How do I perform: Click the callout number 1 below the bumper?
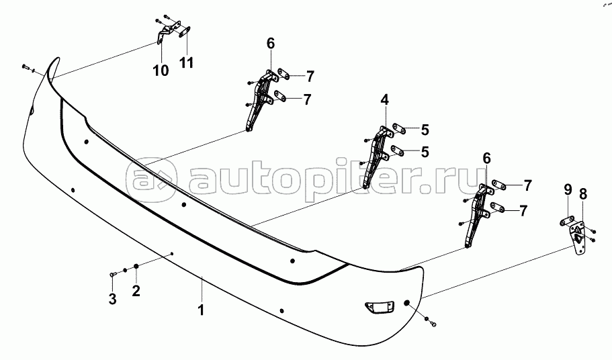201,310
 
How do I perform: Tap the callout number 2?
136,291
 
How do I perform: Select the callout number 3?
112,299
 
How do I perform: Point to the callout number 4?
384,100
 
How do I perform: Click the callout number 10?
161,71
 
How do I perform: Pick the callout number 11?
186,62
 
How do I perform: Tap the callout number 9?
568,189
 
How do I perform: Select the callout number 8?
582,194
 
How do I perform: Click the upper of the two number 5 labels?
425,130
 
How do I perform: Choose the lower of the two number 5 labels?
425,152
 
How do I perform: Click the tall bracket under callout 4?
376,156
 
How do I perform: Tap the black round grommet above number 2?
136,266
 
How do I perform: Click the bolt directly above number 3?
112,275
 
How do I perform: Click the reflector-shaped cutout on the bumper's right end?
379,307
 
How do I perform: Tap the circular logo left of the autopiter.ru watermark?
150,180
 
